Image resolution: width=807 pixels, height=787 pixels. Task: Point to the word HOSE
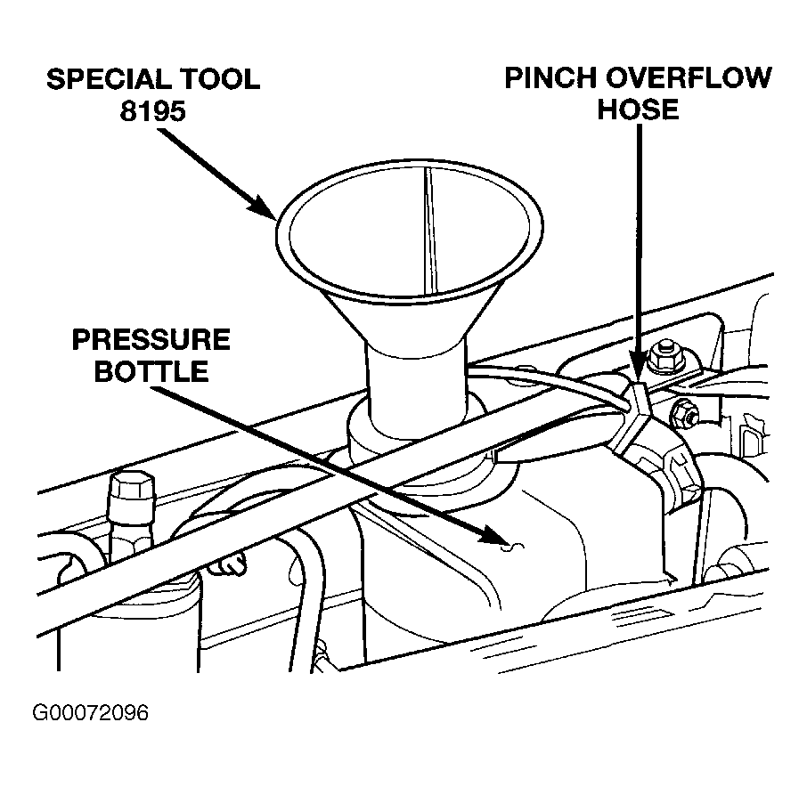(638, 110)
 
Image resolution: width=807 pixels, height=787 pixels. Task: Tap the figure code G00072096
(90, 714)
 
